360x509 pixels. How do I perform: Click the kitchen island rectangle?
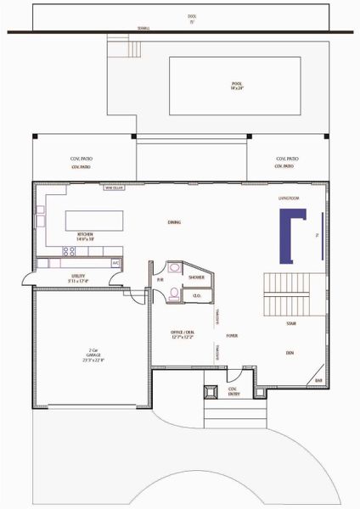[x=94, y=221]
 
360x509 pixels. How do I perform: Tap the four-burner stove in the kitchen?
[x=70, y=251]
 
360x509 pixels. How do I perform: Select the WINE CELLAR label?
[x=114, y=188]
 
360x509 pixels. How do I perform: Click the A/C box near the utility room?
[x=116, y=264]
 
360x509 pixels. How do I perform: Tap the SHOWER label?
[x=196, y=277]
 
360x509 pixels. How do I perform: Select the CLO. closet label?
[x=195, y=296]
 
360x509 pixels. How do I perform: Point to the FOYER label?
[x=232, y=335]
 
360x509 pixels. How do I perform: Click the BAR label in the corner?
[x=318, y=381]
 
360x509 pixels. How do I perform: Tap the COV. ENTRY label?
[x=233, y=391]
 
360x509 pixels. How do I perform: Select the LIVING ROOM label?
[x=290, y=198]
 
